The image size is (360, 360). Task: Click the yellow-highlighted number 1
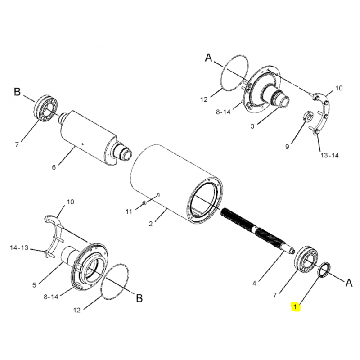click(x=296, y=307)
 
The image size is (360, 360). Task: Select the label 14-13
click(x=19, y=248)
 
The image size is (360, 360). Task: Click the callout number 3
click(x=252, y=126)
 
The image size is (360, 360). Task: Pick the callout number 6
click(x=54, y=167)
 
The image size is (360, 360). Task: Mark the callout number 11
click(x=128, y=211)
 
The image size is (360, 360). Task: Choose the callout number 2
click(x=151, y=224)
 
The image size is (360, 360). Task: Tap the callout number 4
click(x=254, y=283)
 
